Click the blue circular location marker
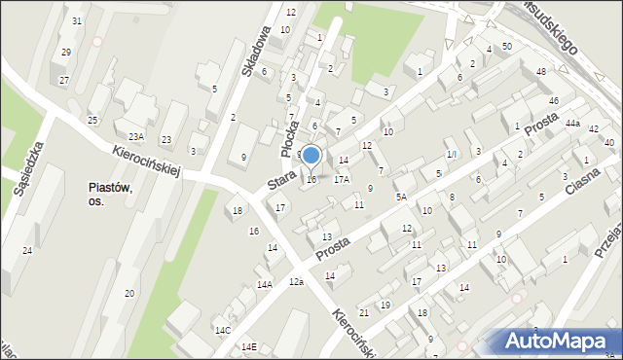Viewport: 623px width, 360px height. click(311, 155)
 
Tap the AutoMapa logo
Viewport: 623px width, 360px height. click(558, 342)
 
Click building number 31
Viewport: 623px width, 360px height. click(77, 21)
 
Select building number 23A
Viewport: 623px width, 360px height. click(135, 137)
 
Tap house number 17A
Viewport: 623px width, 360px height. click(341, 179)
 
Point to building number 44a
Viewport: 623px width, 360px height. click(571, 124)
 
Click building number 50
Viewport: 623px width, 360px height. click(507, 47)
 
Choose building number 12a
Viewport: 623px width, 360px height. click(296, 281)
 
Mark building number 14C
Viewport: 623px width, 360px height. click(223, 331)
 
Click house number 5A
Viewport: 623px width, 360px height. click(400, 197)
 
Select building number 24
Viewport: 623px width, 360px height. click(27, 251)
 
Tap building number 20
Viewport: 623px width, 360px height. click(128, 293)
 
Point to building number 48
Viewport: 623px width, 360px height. click(541, 73)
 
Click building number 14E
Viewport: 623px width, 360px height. click(248, 347)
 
